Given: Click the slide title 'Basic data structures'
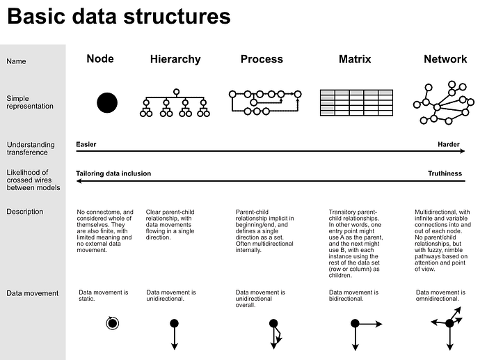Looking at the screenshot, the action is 118,17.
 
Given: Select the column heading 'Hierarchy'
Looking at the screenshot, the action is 175,60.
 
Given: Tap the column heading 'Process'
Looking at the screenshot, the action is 262,60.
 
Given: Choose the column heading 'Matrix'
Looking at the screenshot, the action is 355,60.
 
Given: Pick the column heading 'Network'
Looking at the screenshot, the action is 445,60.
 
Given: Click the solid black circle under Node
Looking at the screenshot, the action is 106,102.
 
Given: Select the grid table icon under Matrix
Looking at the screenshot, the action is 356,102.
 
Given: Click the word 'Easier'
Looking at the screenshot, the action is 86,145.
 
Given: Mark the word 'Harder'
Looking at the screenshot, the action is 449,145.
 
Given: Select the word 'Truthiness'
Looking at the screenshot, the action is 445,174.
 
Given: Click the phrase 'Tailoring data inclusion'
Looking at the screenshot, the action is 113,174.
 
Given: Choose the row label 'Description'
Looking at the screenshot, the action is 24,212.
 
